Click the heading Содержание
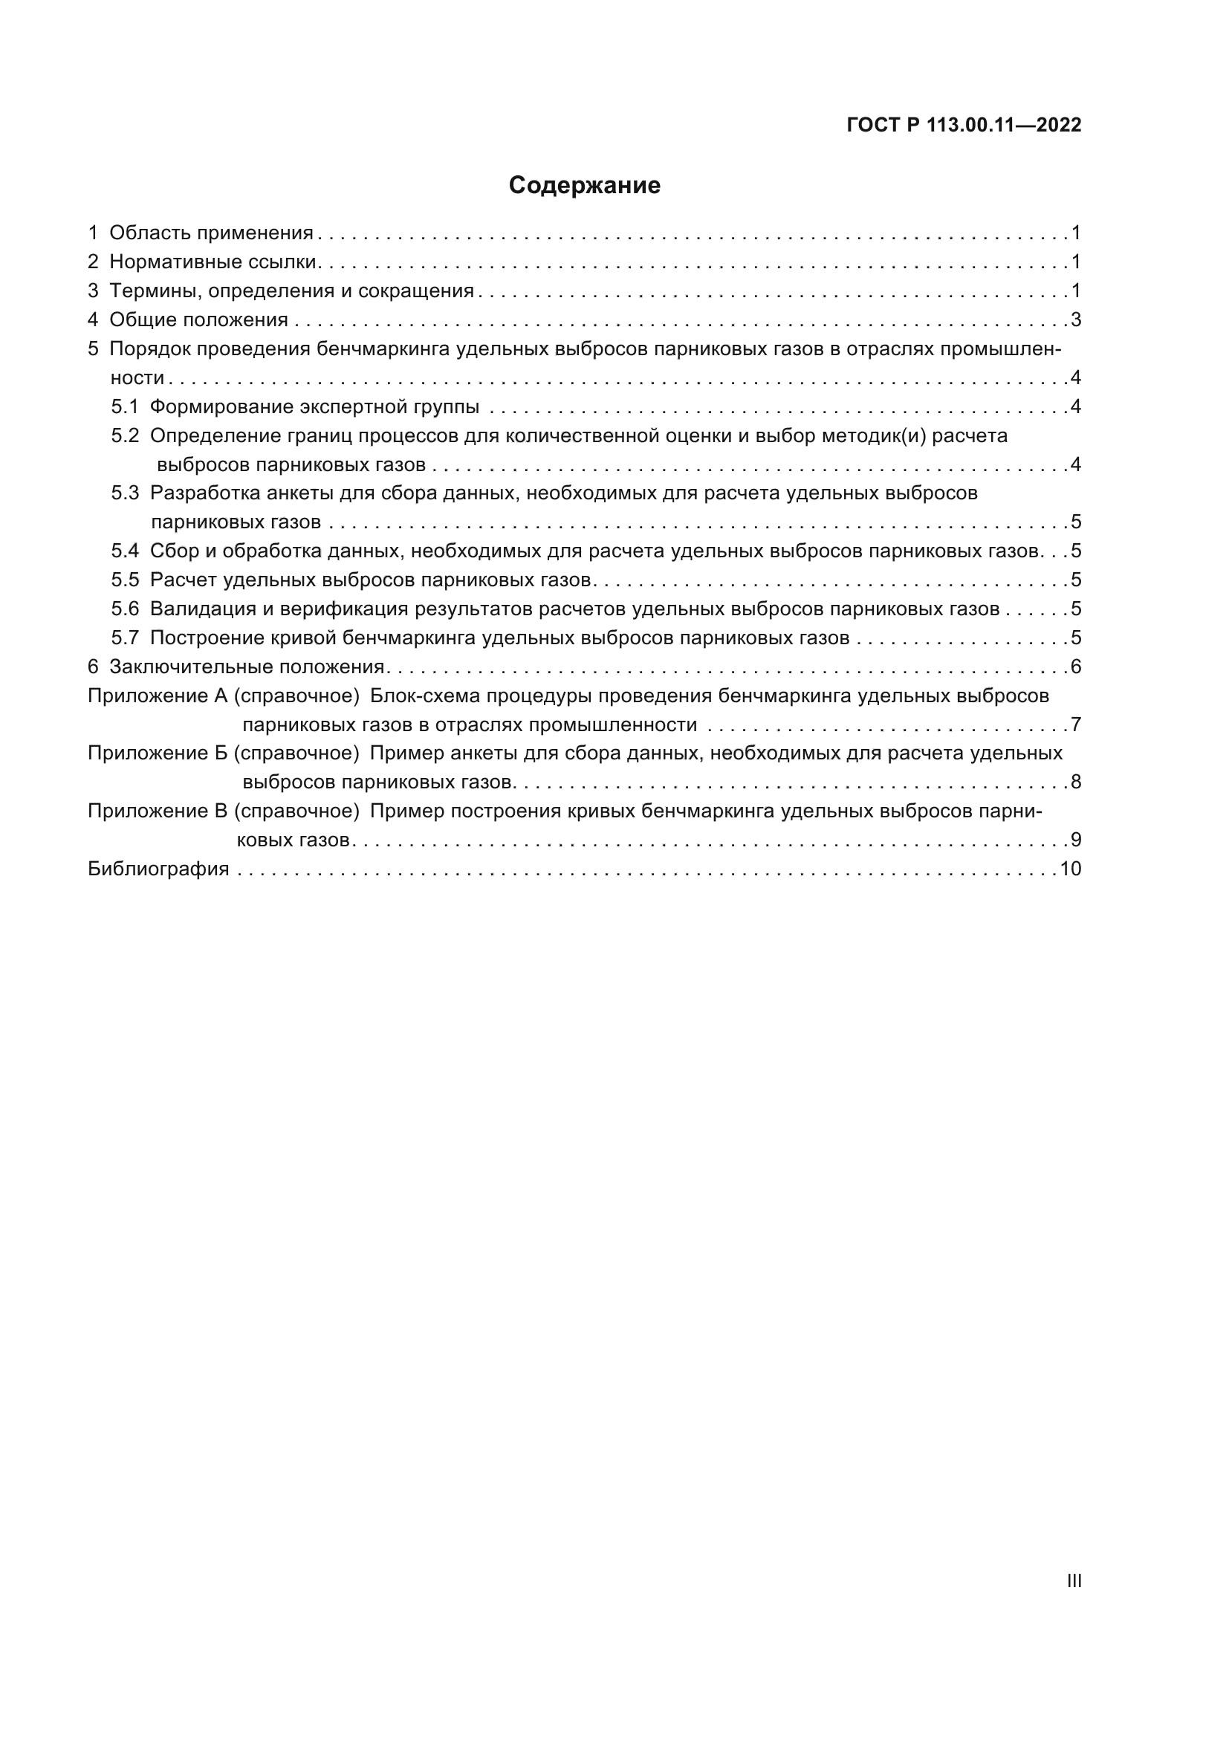584,186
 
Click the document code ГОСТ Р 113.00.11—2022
964,126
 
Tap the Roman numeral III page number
1074,1581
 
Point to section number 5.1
125,407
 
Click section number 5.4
125,551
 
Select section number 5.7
125,638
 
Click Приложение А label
158,695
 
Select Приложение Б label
158,753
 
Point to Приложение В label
158,811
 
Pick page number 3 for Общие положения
1075,320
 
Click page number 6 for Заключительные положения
1075,667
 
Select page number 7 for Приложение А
1075,725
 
